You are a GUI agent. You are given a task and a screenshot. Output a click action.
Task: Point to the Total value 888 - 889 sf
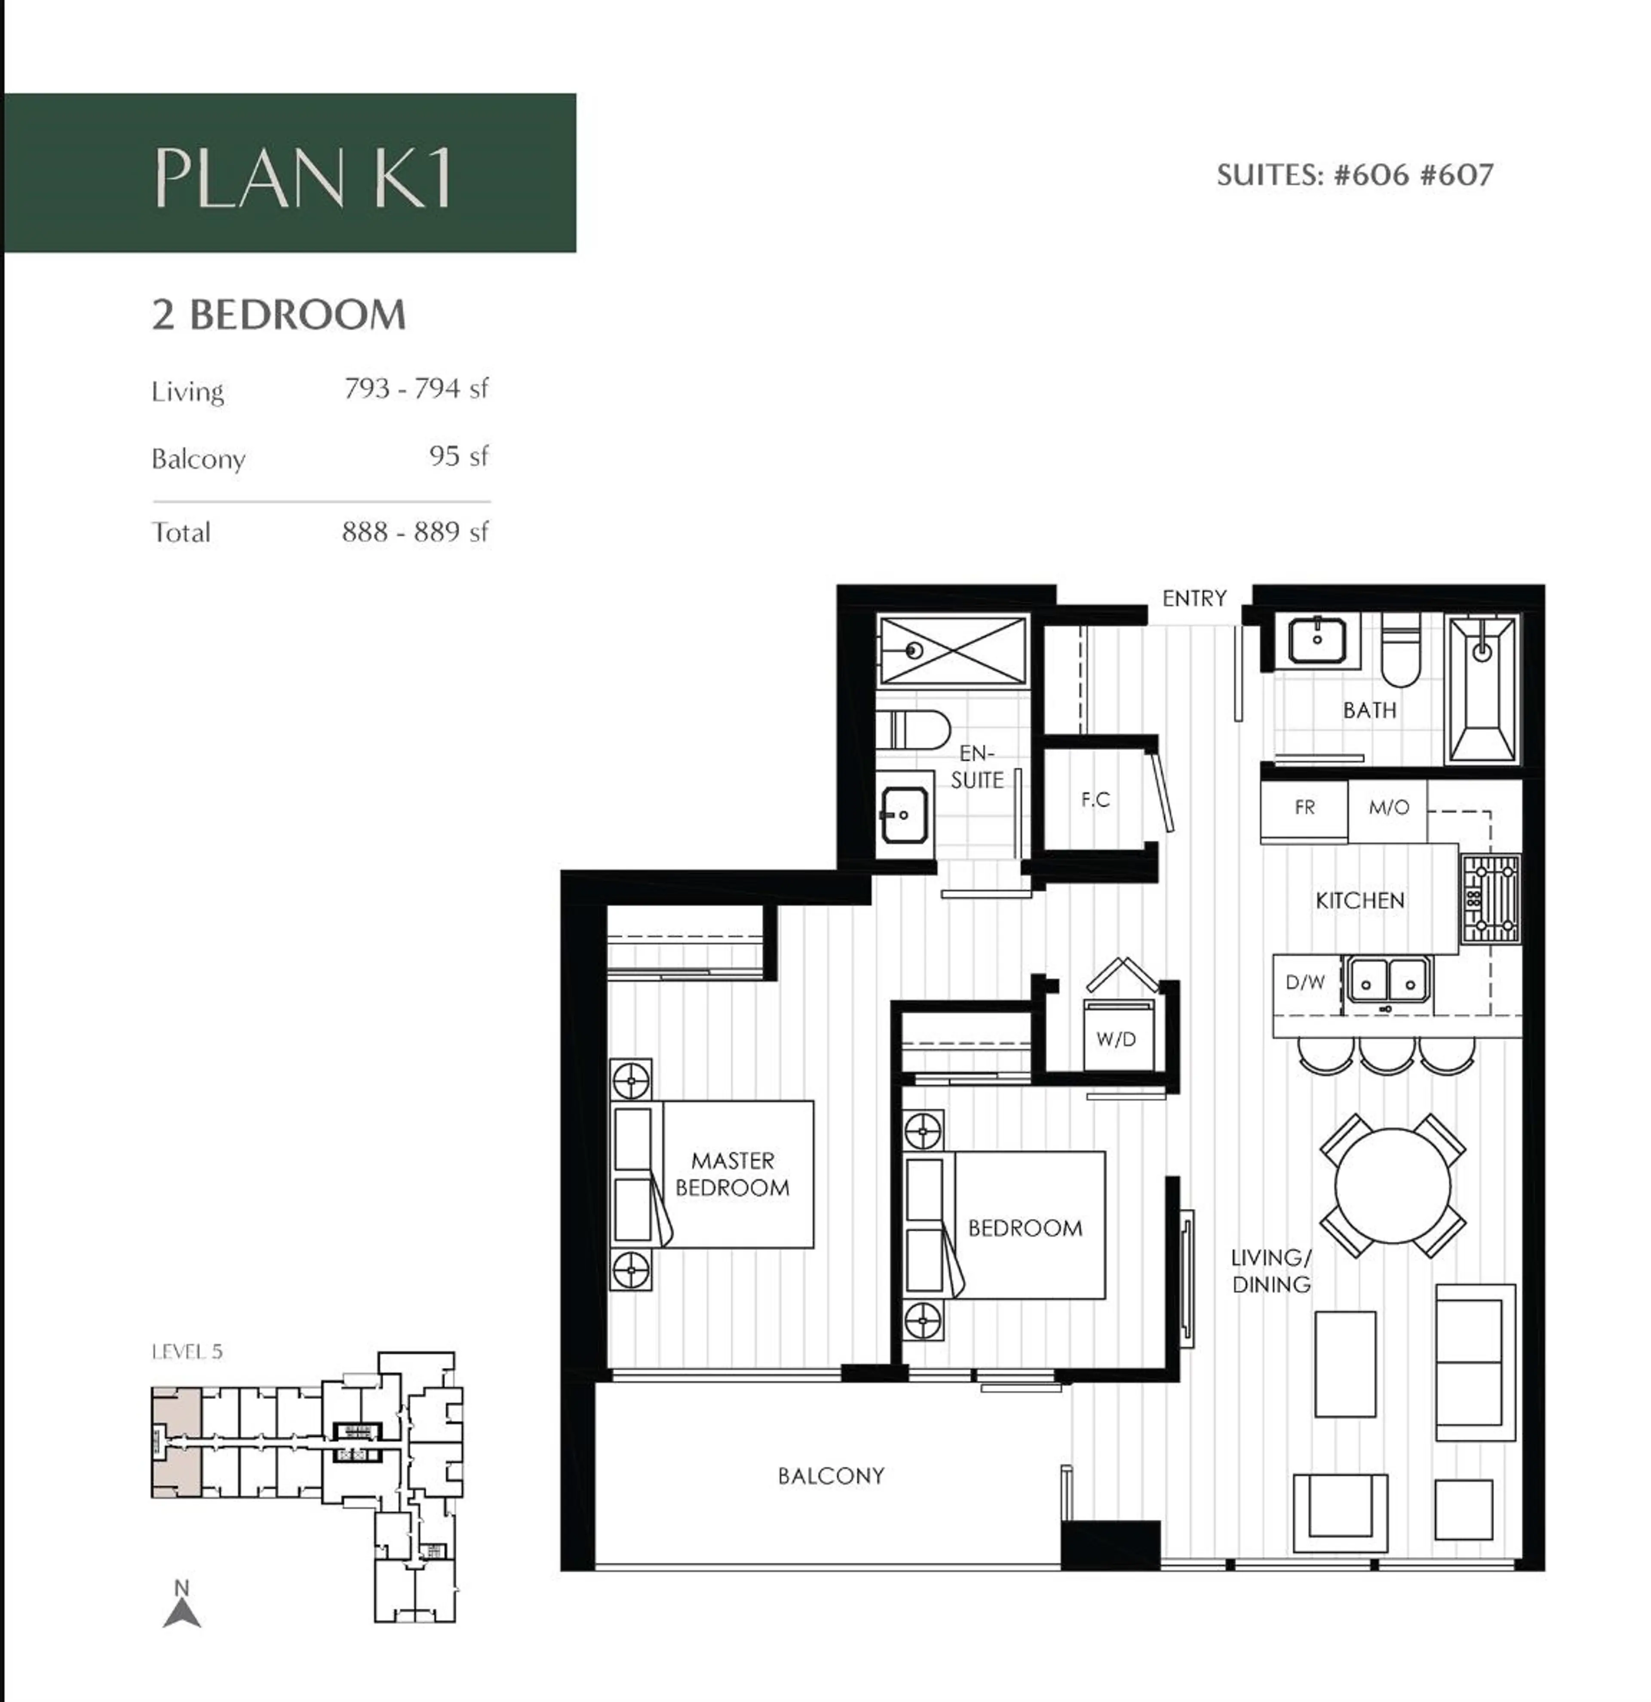pos(415,531)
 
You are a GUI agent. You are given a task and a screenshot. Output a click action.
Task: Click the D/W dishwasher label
pos(1304,982)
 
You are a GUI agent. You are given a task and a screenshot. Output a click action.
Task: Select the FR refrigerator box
pos(1304,808)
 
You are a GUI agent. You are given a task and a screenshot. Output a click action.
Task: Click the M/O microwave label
pos(1388,808)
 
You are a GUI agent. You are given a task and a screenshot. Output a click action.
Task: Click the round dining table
pos(1392,1185)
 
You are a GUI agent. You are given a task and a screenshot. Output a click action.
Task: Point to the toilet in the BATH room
pos(1400,651)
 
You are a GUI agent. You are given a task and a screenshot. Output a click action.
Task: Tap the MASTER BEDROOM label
pos(732,1174)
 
